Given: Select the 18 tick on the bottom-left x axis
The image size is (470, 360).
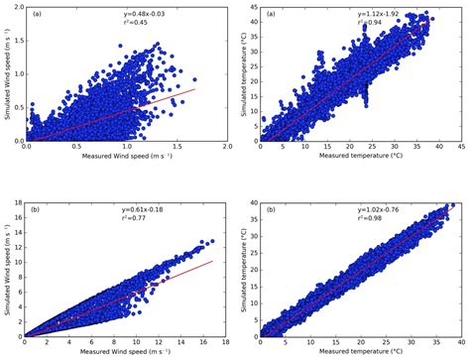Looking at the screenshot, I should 227,342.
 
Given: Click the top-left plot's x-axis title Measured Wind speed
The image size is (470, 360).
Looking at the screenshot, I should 123,160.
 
